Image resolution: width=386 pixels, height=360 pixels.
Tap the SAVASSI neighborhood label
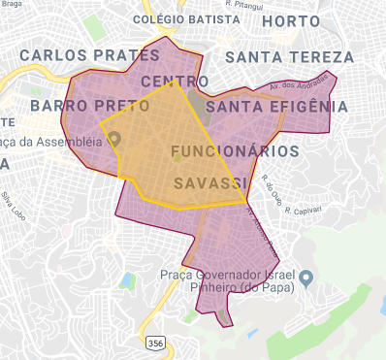pos(208,182)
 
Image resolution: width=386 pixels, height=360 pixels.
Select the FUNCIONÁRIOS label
pos(234,152)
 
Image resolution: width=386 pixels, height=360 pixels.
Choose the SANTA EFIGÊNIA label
pos(276,105)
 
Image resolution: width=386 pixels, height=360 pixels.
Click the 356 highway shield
pos(155,344)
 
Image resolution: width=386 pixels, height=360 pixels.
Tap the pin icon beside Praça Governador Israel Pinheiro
pos(306,279)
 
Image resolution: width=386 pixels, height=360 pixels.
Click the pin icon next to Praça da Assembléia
pos(113,139)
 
